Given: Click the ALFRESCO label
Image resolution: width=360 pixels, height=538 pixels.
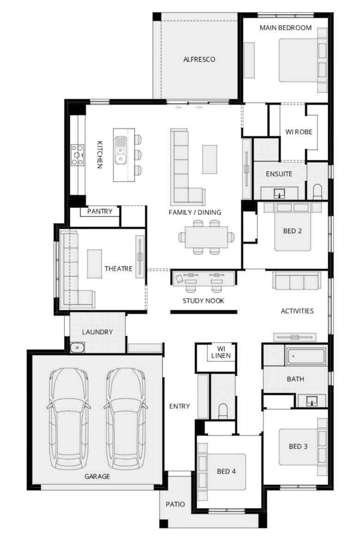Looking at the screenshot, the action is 199,59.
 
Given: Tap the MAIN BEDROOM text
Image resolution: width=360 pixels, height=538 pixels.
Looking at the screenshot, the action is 286,28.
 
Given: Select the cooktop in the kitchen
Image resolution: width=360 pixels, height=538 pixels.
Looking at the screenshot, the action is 77,155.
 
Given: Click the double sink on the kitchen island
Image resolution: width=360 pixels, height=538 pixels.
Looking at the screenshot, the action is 120,150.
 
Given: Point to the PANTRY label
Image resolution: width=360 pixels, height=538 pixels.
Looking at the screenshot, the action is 100,211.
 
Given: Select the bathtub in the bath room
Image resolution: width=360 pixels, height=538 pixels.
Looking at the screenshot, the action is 306,356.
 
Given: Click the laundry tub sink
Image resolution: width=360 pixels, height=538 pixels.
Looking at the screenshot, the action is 77,348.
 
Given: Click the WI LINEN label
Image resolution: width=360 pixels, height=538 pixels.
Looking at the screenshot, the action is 221,352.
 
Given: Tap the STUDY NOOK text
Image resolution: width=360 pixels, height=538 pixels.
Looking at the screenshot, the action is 203,301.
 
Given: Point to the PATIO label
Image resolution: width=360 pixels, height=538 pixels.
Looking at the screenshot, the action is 175,504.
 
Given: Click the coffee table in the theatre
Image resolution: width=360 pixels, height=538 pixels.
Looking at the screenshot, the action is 95,263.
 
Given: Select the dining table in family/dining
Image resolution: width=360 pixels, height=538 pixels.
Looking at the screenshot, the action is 206,237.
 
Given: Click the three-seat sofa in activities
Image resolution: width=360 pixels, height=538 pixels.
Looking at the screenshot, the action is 297,281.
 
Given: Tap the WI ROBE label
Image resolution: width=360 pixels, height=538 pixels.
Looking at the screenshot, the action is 299,132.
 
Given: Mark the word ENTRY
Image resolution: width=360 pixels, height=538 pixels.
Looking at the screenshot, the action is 180,406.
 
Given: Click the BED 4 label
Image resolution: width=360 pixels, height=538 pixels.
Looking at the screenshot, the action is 226,471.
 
